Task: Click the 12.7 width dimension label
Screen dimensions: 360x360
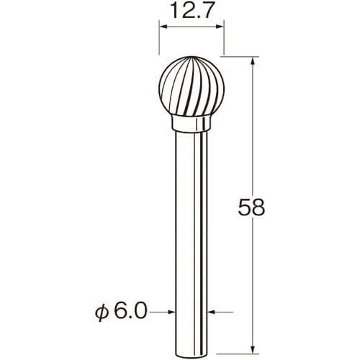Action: [192, 11]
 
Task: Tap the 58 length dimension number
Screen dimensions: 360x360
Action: [251, 207]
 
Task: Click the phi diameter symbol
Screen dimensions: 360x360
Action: [102, 313]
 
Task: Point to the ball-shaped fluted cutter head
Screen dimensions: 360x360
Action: [192, 86]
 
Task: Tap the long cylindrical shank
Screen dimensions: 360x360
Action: [192, 243]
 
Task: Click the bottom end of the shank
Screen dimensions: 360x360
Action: [192, 355]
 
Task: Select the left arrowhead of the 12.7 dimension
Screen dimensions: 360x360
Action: [163, 27]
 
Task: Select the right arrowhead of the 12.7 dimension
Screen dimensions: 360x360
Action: [220, 27]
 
